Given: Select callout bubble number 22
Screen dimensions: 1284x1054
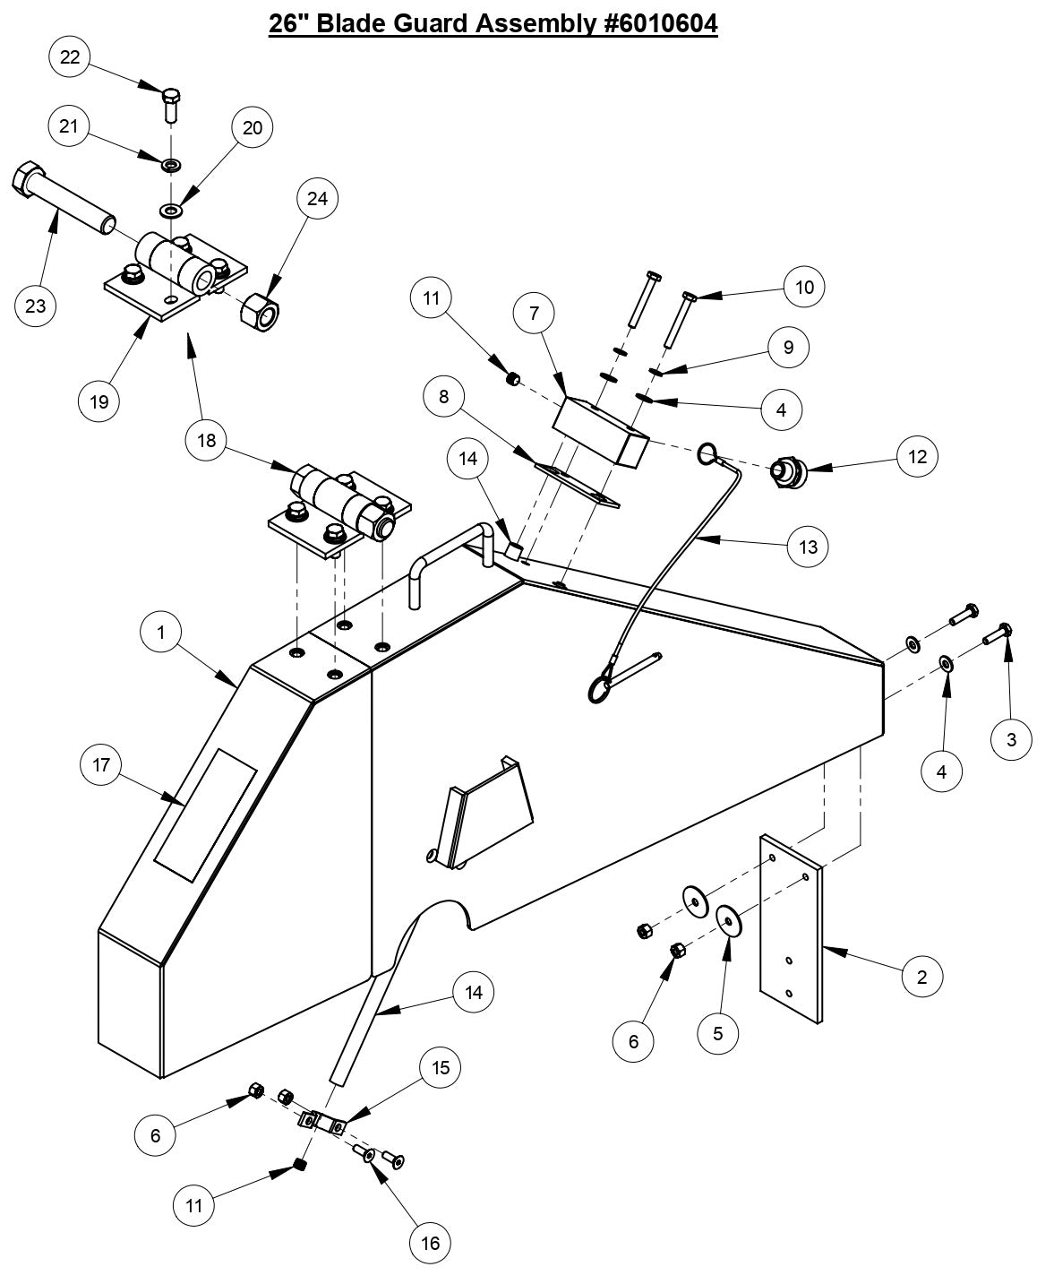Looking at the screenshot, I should coord(70,57).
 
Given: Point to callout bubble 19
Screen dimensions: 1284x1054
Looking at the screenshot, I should coord(99,401).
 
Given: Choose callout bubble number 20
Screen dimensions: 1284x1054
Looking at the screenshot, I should coord(253,128).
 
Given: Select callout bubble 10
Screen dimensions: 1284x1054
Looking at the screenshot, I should coord(804,287).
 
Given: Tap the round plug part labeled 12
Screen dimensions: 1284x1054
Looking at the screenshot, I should coord(789,470).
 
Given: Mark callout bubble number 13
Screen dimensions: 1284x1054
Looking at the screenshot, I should coord(808,546).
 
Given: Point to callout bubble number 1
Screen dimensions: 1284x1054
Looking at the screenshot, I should coord(161,633).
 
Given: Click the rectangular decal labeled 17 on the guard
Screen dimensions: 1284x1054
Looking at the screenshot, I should coord(205,813).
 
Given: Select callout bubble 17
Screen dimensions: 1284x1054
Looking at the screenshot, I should coord(100,765).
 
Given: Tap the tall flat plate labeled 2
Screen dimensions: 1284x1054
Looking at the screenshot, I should coord(791,928).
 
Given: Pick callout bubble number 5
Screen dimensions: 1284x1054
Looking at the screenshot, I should coord(718,1033).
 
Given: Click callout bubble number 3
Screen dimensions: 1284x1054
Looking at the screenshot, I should coord(1012,739).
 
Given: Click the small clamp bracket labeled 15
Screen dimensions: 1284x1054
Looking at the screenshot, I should coord(322,1123).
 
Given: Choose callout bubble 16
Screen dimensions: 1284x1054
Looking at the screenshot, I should coord(430,1242).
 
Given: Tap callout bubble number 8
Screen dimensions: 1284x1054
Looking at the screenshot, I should coord(444,395).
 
